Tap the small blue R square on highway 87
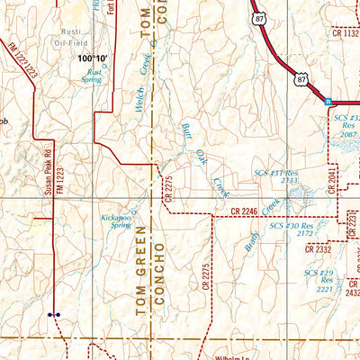(328, 102)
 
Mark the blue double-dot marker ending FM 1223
(54, 316)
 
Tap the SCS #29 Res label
(319, 279)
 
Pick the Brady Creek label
(251, 234)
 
